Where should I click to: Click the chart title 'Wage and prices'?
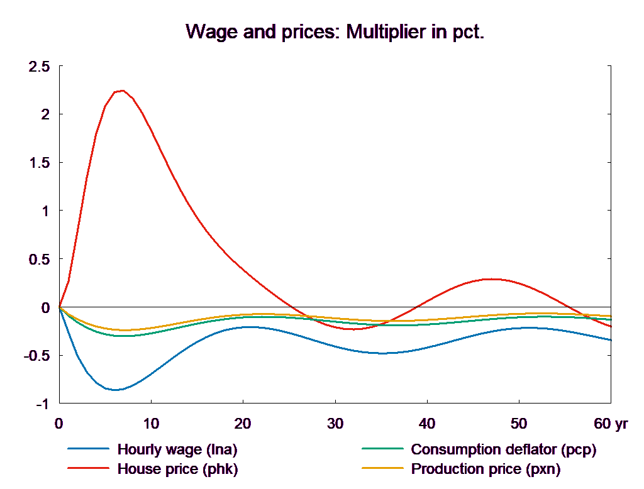tap(335, 32)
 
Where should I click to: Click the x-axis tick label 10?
tap(151, 424)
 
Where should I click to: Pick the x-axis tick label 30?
tap(335, 424)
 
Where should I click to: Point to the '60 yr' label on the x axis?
tap(611, 424)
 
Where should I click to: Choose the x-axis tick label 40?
tap(427, 424)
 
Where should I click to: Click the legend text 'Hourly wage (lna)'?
tap(178, 449)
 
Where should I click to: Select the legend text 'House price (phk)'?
tap(178, 469)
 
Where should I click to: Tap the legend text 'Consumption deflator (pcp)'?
tap(503, 449)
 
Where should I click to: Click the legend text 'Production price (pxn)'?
tap(486, 469)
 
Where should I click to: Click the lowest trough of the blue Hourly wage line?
tap(115, 390)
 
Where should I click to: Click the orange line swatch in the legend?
tap(382, 469)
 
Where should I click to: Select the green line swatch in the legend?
tap(382, 449)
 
